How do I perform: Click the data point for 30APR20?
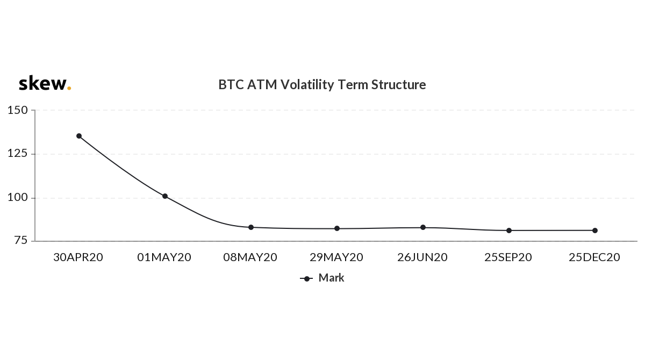(x=79, y=136)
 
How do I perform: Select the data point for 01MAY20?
(x=165, y=196)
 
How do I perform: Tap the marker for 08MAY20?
(x=251, y=227)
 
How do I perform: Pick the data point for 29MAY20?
(x=337, y=228)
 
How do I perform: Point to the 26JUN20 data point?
(x=423, y=227)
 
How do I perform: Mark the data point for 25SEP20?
(x=509, y=231)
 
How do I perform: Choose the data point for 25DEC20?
(x=595, y=231)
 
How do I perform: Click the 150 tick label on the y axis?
(x=18, y=110)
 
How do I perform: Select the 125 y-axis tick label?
(x=18, y=153)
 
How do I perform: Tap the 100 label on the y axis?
(x=18, y=197)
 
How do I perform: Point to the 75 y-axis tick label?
(x=21, y=240)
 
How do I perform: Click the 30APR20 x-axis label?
(x=78, y=257)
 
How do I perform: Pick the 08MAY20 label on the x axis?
(x=250, y=257)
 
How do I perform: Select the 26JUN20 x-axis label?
(x=422, y=257)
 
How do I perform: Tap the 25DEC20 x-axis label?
(x=594, y=257)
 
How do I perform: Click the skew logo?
(x=45, y=83)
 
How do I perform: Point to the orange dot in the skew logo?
(x=69, y=88)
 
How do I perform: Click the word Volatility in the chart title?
(x=307, y=84)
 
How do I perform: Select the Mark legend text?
(x=332, y=278)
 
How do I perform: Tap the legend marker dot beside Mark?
(x=307, y=278)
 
